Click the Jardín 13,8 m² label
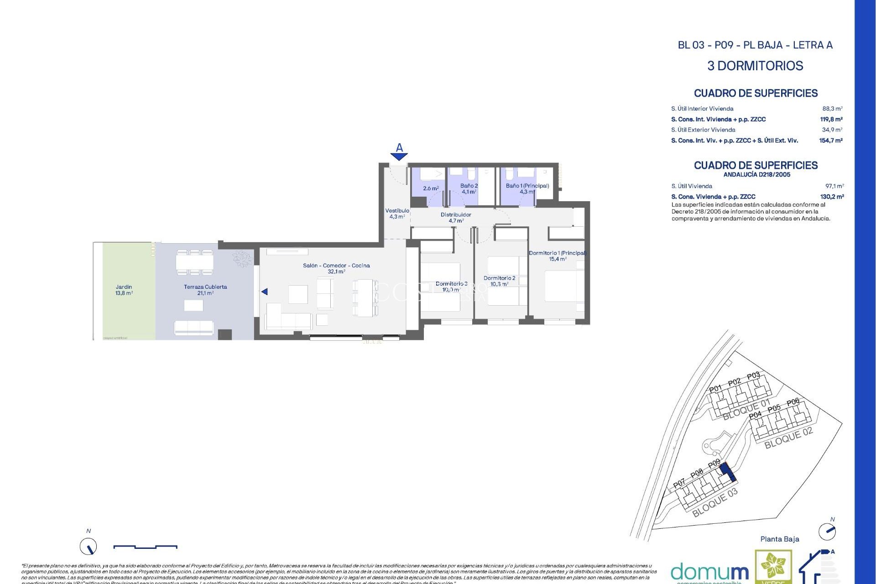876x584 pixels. pos(124,290)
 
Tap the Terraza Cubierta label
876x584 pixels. pos(205,290)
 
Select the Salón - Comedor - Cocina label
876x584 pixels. pos(336,268)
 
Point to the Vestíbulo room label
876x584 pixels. pos(397,214)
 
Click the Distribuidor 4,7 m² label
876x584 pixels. pos(456,218)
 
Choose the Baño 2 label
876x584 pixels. pos(469,189)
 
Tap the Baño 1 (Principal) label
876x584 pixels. pos(527,189)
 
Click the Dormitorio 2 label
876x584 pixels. pos(499,281)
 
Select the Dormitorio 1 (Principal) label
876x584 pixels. pos(557,256)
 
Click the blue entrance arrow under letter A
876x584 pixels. pos(399,156)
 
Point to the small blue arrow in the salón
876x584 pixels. pos(265,292)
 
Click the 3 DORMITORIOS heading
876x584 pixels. pos(755,66)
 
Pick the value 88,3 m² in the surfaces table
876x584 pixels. pos(832,109)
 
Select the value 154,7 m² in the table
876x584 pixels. pos(830,141)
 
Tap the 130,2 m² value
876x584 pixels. pos(832,197)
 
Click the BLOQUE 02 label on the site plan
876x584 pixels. pos(788,438)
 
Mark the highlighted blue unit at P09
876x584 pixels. pos(729,472)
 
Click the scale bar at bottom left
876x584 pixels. pos(145,547)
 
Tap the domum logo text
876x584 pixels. pos(709,572)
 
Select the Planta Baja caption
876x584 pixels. pos(779,539)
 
